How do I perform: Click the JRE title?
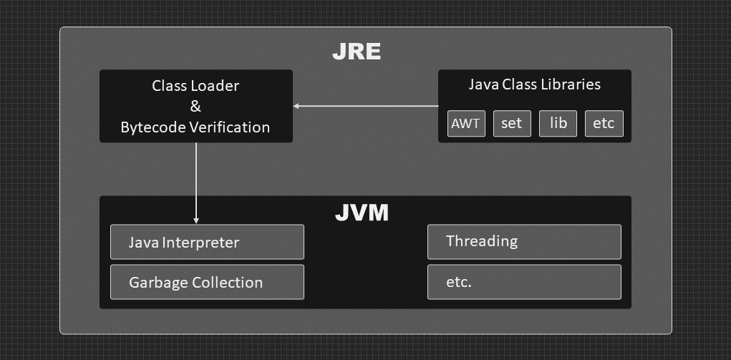[x=356, y=52]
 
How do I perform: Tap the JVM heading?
[x=362, y=213]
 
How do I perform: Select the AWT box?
[x=465, y=123]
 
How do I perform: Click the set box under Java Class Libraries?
[x=511, y=123]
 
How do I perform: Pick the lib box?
[x=558, y=123]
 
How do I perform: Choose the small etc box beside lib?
[x=604, y=123]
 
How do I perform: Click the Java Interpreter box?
[x=207, y=242]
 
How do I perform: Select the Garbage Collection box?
[x=207, y=282]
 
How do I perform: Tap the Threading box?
[x=524, y=242]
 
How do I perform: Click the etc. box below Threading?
[x=524, y=282]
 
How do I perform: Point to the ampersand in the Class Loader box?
[x=195, y=107]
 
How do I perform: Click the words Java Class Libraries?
[x=534, y=84]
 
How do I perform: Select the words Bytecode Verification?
[x=195, y=127]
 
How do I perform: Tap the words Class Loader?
[x=195, y=86]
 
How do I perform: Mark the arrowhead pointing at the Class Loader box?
[x=296, y=107]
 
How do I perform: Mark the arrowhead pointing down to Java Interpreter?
[x=196, y=220]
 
